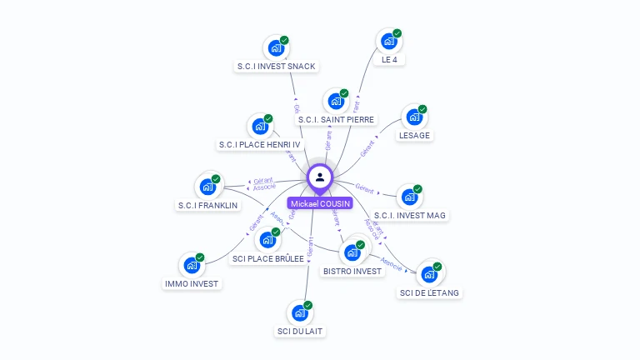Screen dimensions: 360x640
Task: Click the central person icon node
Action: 320,177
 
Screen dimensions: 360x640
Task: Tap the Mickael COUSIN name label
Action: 321,203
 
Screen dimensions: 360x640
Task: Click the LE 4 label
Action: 389,60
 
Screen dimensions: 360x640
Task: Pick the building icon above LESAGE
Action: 412,117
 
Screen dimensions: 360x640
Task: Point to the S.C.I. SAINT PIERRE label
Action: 337,120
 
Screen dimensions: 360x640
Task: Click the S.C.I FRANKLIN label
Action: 207,205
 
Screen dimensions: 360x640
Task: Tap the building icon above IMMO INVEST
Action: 192,266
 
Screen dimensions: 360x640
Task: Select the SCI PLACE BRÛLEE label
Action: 267,259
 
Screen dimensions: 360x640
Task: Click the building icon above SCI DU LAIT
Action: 299,313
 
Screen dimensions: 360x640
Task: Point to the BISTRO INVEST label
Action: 352,271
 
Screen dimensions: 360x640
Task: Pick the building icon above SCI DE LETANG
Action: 428,274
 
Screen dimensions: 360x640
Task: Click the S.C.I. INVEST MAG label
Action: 410,216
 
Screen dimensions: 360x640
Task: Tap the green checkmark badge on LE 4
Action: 397,33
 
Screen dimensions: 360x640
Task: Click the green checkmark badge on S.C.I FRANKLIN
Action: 216,179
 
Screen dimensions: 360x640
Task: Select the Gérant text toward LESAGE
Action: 368,149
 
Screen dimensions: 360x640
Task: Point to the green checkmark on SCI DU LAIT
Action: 307,306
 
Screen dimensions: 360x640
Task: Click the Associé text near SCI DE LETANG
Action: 391,266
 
